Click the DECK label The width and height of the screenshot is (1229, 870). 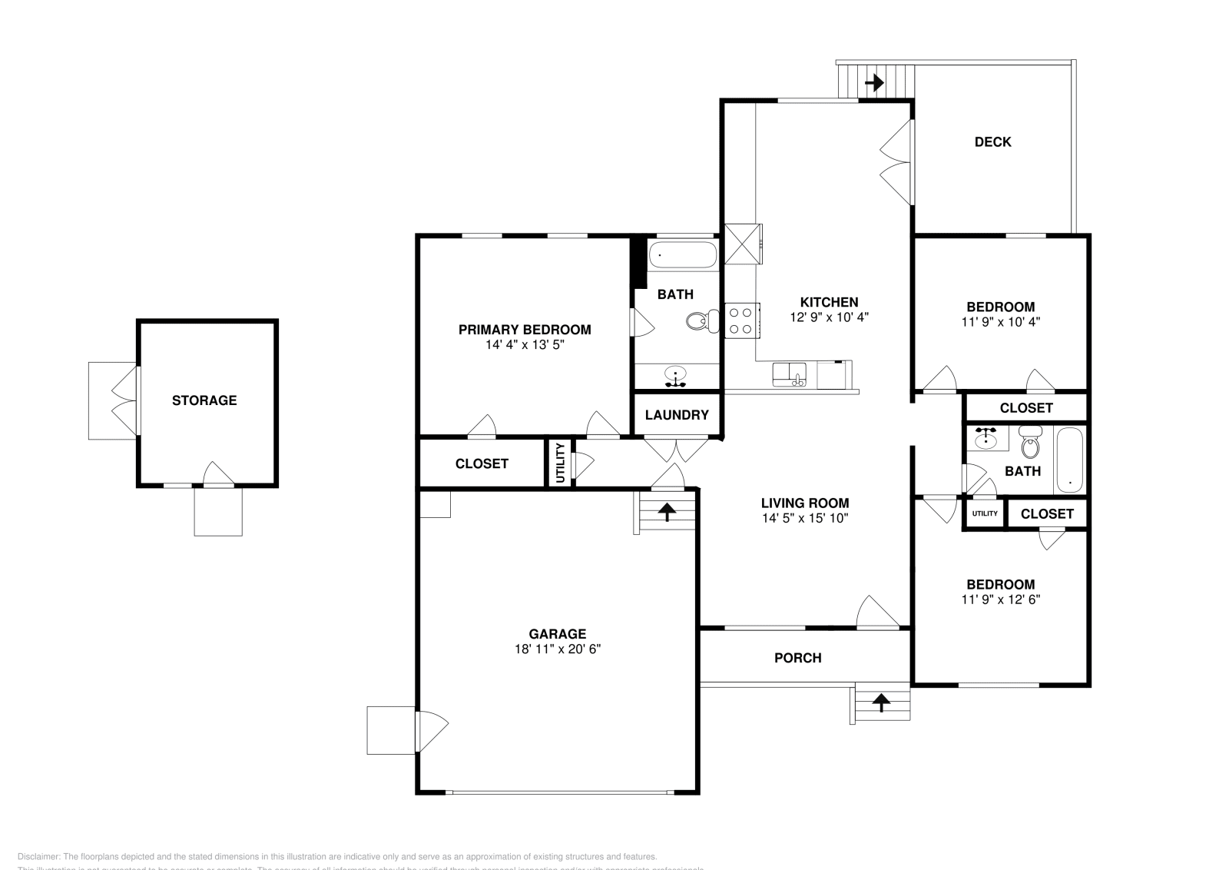992,141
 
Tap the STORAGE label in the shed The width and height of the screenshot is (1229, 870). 204,400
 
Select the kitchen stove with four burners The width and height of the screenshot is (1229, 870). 742,320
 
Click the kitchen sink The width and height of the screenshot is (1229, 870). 789,375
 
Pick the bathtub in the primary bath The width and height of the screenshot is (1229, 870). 682,255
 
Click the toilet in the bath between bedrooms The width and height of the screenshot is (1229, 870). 1030,445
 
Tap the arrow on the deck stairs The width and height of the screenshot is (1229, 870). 874,81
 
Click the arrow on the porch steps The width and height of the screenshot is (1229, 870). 880,701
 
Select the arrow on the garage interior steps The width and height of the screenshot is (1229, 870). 667,512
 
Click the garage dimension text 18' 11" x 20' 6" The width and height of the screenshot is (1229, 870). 558,649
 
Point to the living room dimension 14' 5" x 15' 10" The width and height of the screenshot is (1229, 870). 805,518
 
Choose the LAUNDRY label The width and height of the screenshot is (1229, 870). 677,415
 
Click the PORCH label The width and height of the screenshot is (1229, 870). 797,658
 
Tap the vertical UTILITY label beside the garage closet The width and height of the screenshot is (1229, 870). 560,463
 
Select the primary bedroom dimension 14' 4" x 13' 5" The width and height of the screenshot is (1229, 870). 525,345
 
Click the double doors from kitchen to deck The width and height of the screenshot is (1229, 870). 897,162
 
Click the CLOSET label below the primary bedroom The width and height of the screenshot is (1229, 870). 482,463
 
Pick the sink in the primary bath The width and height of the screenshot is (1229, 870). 675,376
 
